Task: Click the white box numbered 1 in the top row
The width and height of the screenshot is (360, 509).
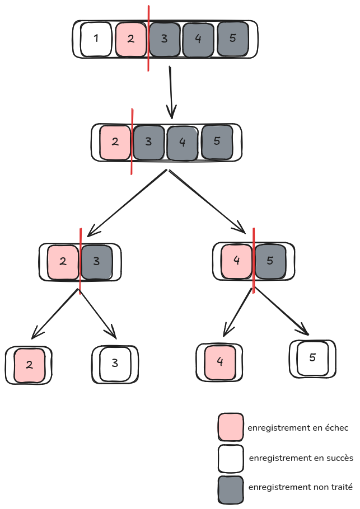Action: tap(96, 39)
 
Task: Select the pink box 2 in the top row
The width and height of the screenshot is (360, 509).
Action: tap(130, 39)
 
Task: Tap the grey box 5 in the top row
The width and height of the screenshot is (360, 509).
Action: tap(232, 39)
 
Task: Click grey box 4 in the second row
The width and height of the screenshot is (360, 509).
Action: tap(182, 142)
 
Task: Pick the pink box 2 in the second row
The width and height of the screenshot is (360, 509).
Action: tap(115, 142)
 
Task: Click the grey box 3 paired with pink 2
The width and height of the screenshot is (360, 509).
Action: tap(97, 261)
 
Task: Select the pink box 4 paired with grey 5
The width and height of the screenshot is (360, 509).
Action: tap(237, 261)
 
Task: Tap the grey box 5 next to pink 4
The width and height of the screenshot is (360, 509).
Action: tap(270, 261)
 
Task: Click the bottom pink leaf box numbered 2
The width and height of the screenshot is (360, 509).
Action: tap(29, 365)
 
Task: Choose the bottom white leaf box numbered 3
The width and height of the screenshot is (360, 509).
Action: tap(115, 364)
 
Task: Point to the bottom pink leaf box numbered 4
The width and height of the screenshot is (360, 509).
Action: tap(220, 362)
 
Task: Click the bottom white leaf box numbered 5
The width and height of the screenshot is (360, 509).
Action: tap(312, 358)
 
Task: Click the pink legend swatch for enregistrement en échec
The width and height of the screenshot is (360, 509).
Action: tap(231, 427)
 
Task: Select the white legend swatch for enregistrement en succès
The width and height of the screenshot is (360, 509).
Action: tap(231, 459)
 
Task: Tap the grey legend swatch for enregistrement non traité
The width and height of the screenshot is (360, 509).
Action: tap(231, 489)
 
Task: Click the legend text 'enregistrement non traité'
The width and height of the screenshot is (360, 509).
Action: tap(301, 488)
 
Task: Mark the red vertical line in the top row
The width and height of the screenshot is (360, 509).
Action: tap(148, 39)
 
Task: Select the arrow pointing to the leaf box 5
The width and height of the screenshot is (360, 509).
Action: tap(282, 310)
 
